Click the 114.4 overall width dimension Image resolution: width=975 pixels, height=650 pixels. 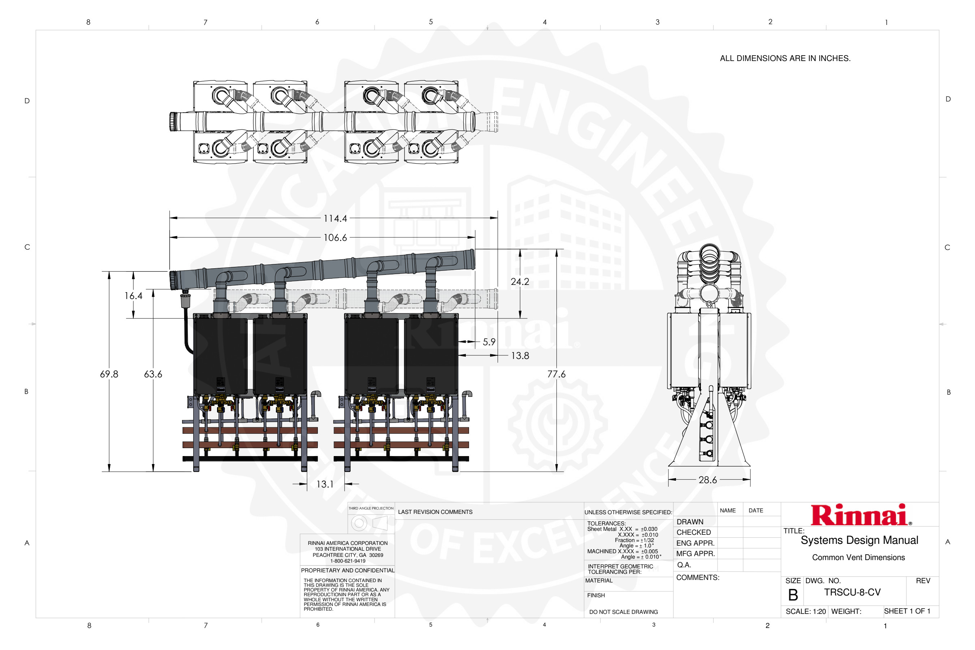pos(335,218)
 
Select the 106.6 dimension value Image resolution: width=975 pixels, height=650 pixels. pos(335,238)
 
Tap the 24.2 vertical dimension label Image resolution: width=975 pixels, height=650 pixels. pos(520,282)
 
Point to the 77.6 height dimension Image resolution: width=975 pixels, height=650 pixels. pos(556,374)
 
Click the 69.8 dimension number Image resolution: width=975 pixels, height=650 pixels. pos(109,374)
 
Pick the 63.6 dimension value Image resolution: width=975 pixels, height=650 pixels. pos(153,374)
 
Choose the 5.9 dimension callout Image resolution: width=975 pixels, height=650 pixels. pos(489,342)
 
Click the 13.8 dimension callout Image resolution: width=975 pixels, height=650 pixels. pos(520,356)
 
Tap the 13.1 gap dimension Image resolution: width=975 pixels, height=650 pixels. pos(325,484)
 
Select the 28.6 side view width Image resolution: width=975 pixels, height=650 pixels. pos(708,480)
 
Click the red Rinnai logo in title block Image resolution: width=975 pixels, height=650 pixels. pos(861,515)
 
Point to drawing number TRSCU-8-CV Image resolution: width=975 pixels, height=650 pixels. pos(852,592)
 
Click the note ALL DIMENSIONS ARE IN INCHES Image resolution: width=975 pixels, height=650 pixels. pos(785,58)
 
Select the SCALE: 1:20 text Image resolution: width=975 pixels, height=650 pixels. pos(805,611)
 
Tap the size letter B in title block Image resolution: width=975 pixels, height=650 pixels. pos(793,595)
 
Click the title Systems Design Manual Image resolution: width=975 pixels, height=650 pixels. pos(859,540)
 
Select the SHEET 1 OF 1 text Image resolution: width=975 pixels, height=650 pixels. pos(907,611)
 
